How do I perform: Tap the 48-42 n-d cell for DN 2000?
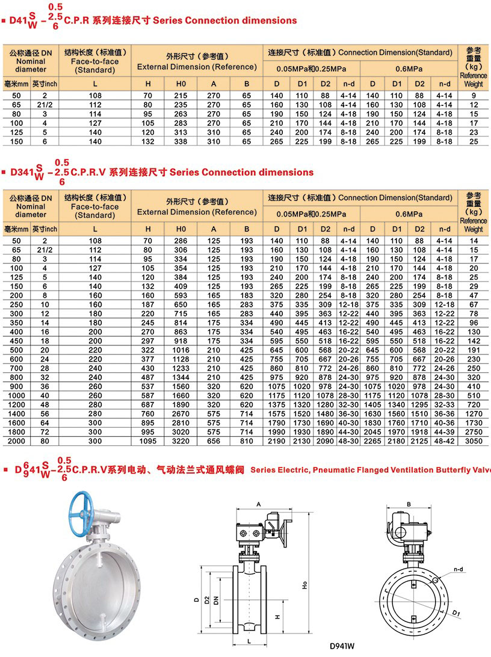pos(445,441)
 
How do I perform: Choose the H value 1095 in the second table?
pos(148,441)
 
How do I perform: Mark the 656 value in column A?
pos(214,441)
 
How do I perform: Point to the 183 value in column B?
pos(246,296)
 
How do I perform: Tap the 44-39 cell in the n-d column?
pos(445,432)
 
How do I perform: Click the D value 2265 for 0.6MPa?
pos(373,441)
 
